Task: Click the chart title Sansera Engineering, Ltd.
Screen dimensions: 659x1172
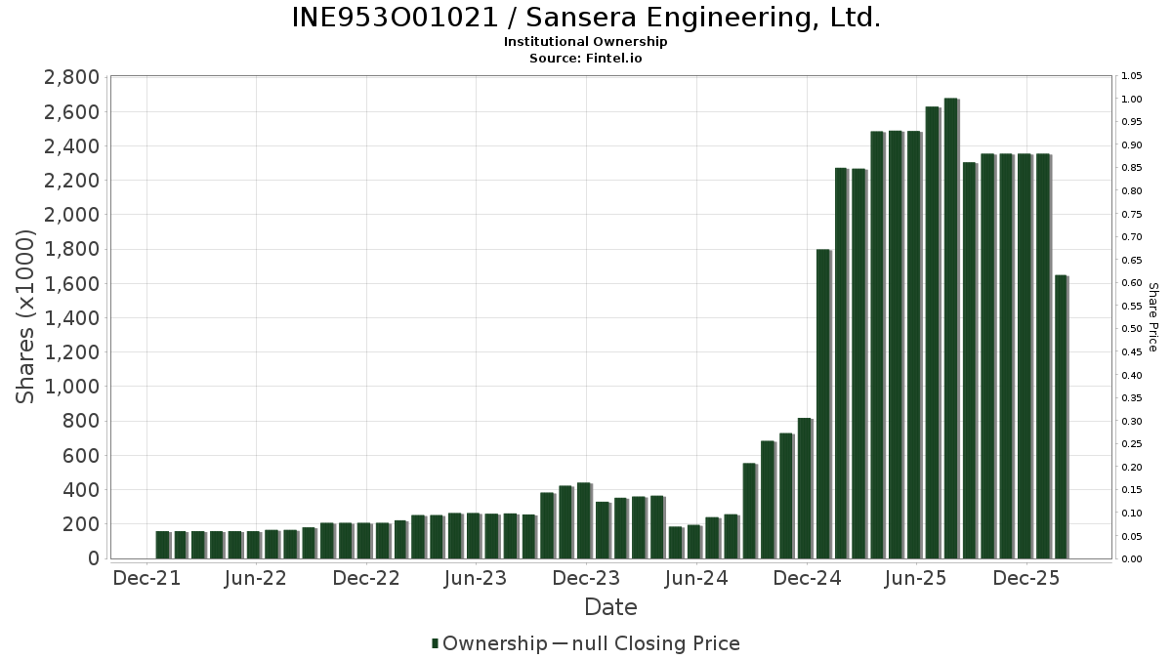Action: [586, 19]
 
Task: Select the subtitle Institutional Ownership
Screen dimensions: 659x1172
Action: [586, 42]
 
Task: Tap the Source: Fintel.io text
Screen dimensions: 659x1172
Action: [586, 58]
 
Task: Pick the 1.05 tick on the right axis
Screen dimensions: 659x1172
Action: [1132, 76]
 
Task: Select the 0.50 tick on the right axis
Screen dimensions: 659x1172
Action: [1132, 329]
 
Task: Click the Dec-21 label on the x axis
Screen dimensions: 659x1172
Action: [146, 579]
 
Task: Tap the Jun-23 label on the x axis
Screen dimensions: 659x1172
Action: [476, 579]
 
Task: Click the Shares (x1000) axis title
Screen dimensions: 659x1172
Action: [26, 316]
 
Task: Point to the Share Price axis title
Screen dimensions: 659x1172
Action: [1152, 317]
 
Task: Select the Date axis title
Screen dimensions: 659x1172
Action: [610, 607]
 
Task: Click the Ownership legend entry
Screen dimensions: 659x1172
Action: [490, 643]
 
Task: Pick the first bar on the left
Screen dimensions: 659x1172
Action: [162, 545]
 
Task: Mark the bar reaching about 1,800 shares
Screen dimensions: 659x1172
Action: [822, 404]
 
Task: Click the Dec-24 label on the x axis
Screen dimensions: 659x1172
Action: [807, 579]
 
